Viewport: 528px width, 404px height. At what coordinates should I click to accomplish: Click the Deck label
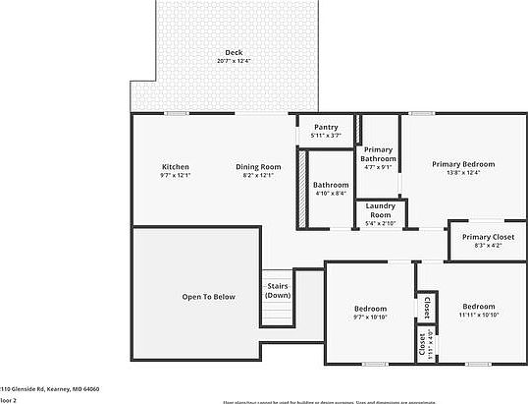tap(234, 52)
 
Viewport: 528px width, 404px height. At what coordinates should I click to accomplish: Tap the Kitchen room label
tap(175, 166)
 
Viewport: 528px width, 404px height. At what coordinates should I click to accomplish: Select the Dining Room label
tap(258, 166)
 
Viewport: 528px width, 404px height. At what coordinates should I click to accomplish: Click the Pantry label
tap(326, 128)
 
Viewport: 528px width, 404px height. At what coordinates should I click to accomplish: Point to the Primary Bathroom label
tap(378, 154)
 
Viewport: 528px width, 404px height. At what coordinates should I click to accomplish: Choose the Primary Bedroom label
tap(463, 164)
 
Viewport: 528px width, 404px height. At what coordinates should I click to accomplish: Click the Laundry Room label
tap(380, 210)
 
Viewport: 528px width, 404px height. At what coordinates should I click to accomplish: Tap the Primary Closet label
tap(489, 237)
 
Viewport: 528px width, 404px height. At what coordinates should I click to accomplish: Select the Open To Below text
tap(208, 296)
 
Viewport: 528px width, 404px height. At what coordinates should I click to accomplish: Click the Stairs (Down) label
tap(278, 291)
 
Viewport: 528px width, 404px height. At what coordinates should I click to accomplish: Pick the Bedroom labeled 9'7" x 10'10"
tap(370, 308)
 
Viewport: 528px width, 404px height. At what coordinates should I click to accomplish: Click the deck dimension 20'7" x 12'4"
tap(234, 61)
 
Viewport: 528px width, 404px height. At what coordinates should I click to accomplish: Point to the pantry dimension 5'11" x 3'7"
tap(326, 136)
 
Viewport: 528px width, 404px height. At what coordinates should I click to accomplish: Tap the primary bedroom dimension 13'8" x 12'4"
tap(463, 174)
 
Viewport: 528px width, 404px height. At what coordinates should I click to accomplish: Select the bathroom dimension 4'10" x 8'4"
tap(331, 194)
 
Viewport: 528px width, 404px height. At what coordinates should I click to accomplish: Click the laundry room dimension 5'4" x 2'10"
tap(380, 224)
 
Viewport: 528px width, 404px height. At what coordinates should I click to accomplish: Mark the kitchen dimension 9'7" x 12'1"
tap(175, 176)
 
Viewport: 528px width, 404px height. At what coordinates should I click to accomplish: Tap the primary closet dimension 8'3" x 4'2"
tap(489, 246)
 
